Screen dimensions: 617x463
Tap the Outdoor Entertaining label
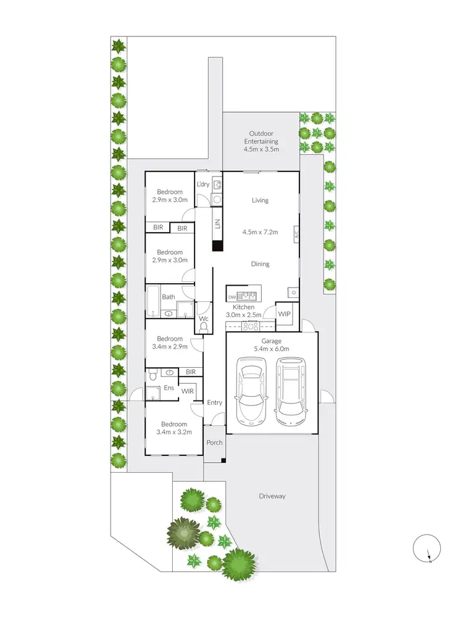(x=261, y=141)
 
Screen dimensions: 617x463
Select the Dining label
(x=260, y=264)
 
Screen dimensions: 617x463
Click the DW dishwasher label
(x=231, y=296)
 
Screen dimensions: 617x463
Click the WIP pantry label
(x=284, y=314)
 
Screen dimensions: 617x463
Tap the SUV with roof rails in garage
(x=291, y=391)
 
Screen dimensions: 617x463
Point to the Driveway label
(x=272, y=496)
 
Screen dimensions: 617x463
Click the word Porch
(x=214, y=442)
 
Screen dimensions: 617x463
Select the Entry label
(x=214, y=403)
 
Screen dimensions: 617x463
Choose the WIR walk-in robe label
(x=187, y=391)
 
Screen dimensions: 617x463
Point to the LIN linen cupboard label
(x=217, y=225)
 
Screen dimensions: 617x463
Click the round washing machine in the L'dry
(x=216, y=199)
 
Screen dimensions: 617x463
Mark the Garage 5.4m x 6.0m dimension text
(x=272, y=345)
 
